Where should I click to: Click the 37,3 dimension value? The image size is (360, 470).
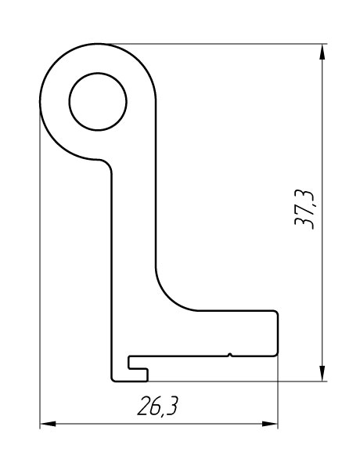304,209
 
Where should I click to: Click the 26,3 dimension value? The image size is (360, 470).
157,406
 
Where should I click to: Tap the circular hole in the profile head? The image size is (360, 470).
98,102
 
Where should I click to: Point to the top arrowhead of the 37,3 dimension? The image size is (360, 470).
322,52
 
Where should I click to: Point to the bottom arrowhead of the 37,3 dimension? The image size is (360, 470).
322,373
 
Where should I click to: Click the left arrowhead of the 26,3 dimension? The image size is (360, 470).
48,424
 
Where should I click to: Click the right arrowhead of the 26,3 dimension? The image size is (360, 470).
270,424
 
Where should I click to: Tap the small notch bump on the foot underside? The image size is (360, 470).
230,355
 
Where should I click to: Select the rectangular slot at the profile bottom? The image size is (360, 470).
138,363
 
